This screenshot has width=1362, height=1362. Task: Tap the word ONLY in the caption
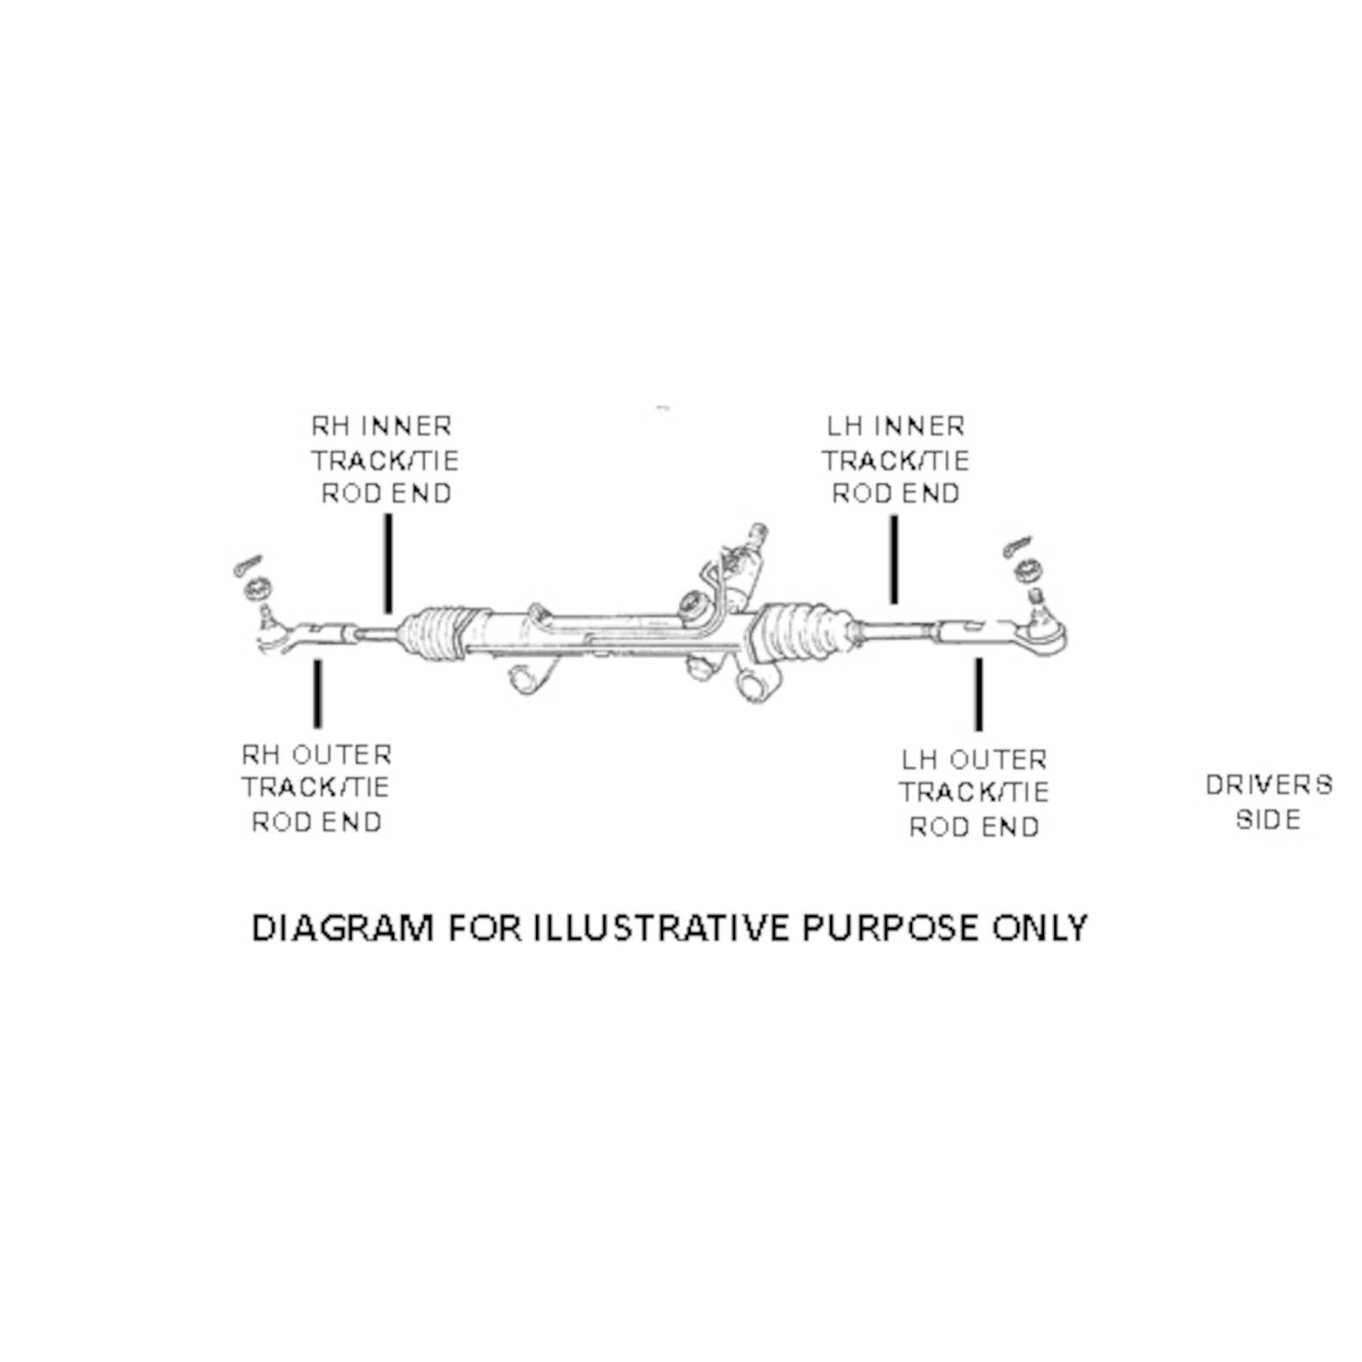tap(1040, 928)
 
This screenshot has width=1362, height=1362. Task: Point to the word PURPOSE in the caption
tap(890, 928)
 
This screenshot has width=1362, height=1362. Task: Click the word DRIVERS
tap(1269, 784)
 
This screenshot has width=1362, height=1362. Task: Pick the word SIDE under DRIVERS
tap(1268, 819)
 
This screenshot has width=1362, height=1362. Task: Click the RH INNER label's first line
tap(382, 426)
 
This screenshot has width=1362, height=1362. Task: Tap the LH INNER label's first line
tap(896, 426)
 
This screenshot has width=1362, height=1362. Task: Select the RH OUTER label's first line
tap(316, 754)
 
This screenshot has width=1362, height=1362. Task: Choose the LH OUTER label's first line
tap(974, 759)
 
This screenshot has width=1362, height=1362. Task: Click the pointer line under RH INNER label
tap(389, 564)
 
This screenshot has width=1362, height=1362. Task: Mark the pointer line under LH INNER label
tap(894, 559)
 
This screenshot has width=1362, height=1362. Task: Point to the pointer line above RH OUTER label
tap(318, 694)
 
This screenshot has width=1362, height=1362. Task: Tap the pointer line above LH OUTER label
tap(978, 695)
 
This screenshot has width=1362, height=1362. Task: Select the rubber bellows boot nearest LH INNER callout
tap(801, 634)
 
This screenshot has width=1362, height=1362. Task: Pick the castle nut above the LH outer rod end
tap(1027, 570)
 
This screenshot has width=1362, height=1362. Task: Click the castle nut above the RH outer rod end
tap(258, 590)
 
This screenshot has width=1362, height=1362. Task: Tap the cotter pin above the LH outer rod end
tap(1021, 547)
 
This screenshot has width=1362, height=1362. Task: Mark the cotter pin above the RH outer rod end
tap(247, 565)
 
